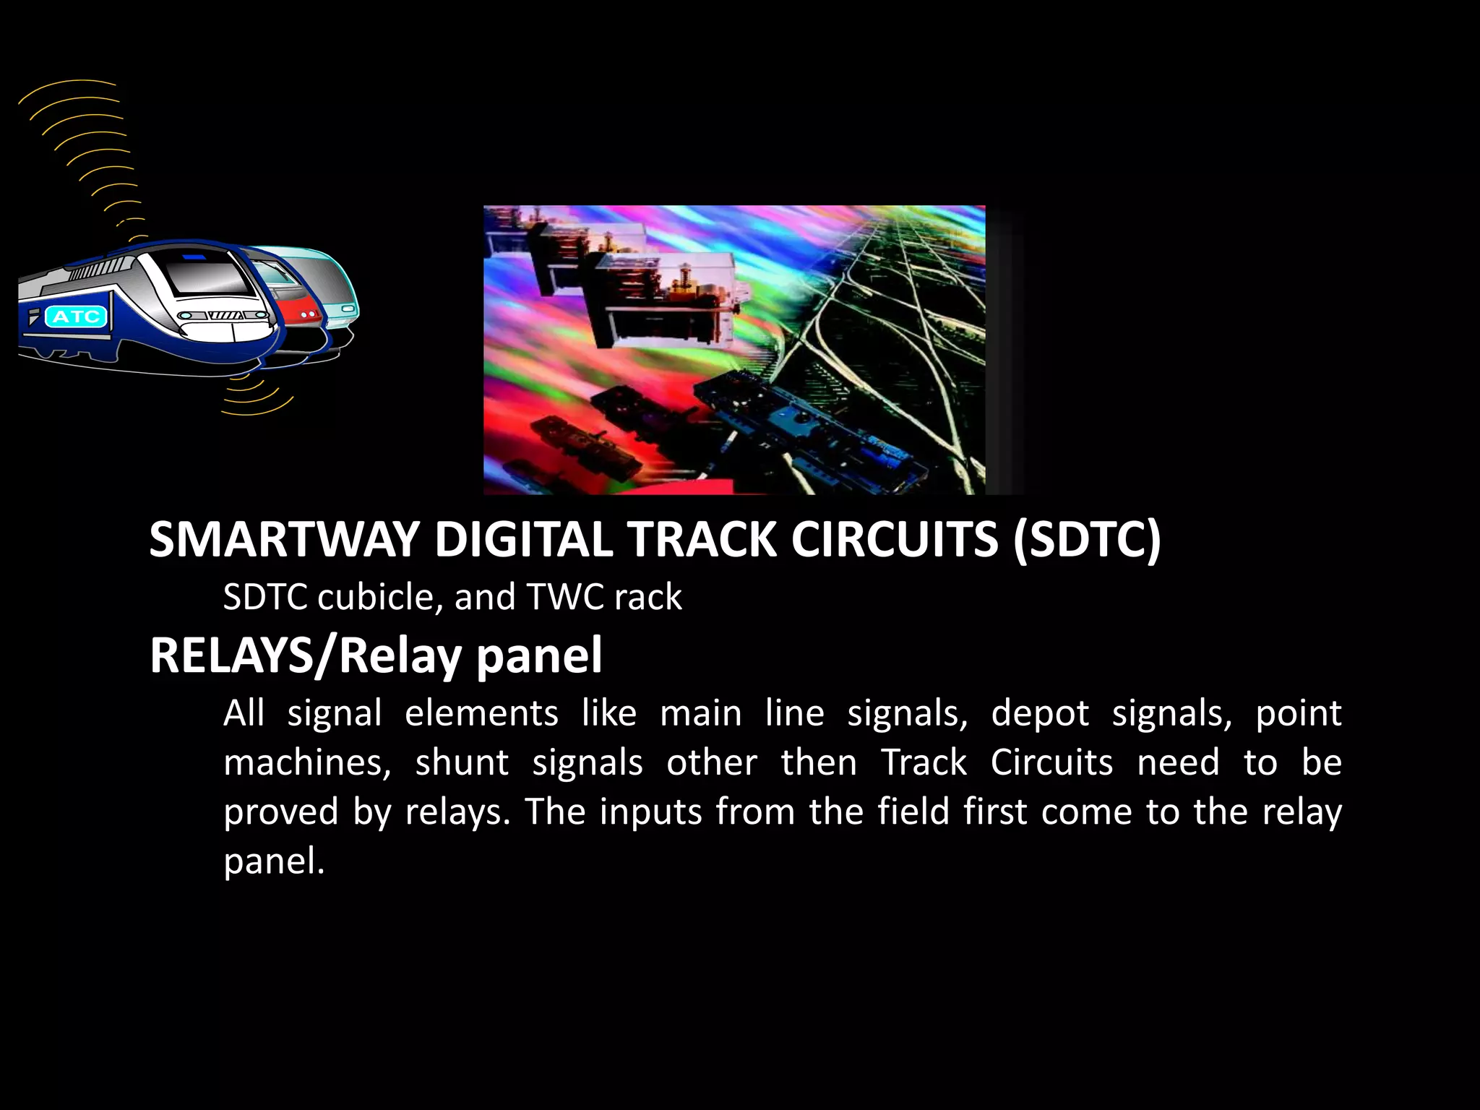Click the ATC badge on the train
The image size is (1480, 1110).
(x=76, y=317)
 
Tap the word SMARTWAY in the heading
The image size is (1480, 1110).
(x=284, y=540)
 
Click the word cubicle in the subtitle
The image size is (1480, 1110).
(x=375, y=598)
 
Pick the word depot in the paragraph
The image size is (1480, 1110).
(x=1040, y=713)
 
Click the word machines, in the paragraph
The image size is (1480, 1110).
(x=307, y=763)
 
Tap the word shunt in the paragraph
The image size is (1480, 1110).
(x=462, y=763)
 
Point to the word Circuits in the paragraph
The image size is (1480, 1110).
(x=1051, y=763)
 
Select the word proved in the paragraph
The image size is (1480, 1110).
(x=281, y=813)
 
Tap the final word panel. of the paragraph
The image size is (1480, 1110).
(x=274, y=861)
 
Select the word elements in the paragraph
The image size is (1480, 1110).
(x=481, y=713)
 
